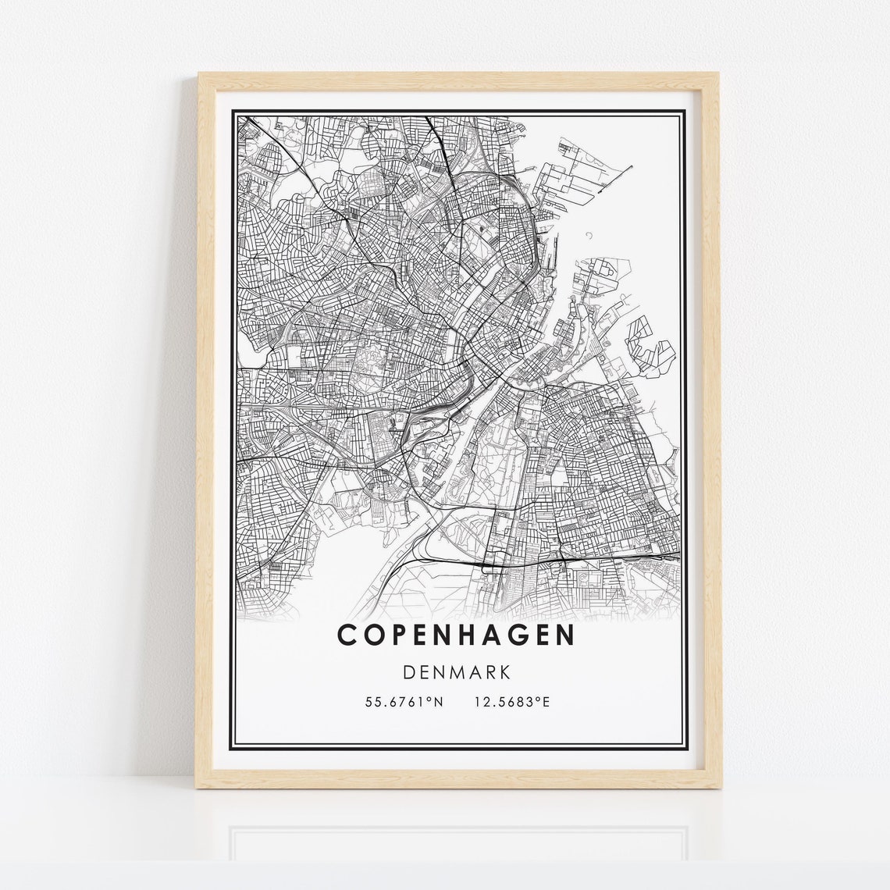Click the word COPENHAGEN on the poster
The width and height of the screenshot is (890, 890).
(455, 635)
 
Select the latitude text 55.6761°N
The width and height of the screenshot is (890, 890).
(404, 703)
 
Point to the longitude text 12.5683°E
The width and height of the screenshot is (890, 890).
(512, 703)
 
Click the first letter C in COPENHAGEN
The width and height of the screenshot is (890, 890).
(347, 635)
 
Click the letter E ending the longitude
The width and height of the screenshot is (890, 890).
(546, 703)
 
